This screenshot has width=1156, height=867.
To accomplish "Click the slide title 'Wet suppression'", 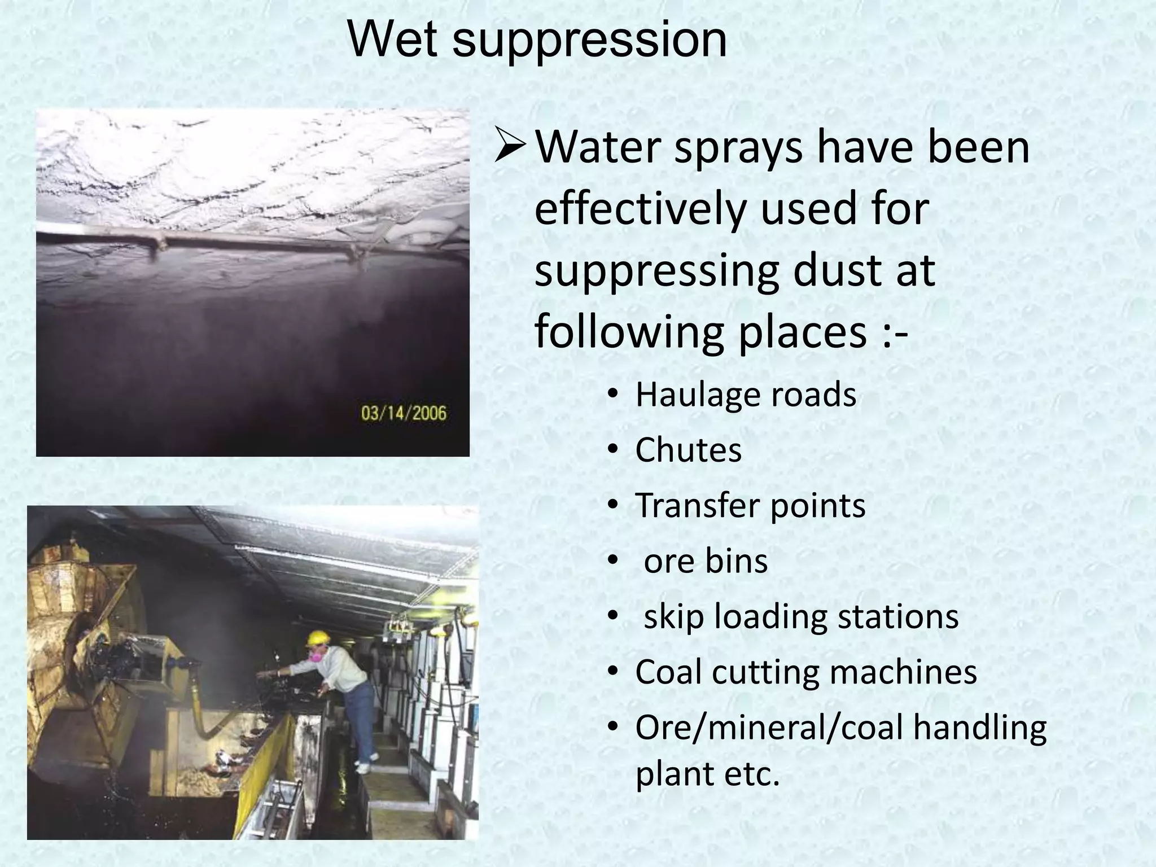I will click(537, 39).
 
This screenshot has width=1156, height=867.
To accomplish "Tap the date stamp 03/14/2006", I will click(404, 413).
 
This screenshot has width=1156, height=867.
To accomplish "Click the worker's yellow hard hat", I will click(318, 637).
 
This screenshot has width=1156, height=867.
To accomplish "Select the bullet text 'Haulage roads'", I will click(746, 394).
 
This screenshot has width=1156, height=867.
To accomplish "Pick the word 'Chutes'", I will click(688, 450).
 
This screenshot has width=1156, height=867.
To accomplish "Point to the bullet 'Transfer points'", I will click(750, 505).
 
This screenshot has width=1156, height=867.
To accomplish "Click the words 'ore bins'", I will click(706, 561).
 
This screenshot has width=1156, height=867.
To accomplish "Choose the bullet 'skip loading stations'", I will click(801, 616).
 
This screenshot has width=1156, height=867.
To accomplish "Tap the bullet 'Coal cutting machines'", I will click(806, 672).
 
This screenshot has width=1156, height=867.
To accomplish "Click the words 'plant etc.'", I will click(707, 773).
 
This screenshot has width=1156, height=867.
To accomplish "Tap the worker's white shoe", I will click(362, 768).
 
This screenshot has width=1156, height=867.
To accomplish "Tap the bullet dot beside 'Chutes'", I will click(613, 450).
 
